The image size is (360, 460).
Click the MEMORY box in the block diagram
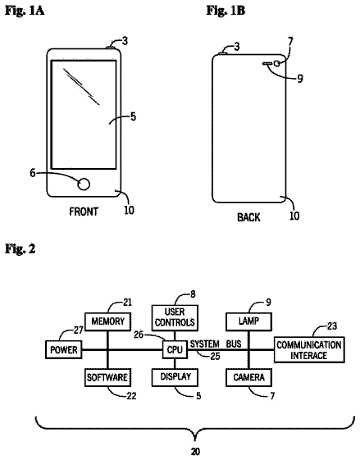click(x=108, y=321)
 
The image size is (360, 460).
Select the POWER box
click(x=64, y=349)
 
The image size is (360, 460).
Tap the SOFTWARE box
click(x=107, y=377)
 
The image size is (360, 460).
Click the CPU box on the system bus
click(x=175, y=349)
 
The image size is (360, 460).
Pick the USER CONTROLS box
click(x=175, y=317)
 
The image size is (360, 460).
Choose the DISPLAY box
click(x=175, y=377)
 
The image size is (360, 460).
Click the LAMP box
click(x=248, y=321)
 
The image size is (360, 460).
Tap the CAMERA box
click(x=248, y=377)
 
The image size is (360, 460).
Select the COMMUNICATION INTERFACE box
click(x=309, y=349)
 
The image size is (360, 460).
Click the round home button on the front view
click(x=84, y=184)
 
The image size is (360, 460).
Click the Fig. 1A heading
click(x=25, y=11)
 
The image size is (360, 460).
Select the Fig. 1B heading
click(x=226, y=11)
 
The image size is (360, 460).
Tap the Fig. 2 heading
click(x=20, y=248)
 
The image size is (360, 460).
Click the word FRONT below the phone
click(x=84, y=212)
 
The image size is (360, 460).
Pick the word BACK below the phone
click(x=248, y=217)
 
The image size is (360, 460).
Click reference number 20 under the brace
click(x=195, y=451)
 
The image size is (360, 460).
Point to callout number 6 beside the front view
click(x=33, y=173)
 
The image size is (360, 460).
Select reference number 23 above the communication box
click(x=332, y=326)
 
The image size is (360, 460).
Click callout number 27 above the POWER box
click(x=79, y=330)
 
